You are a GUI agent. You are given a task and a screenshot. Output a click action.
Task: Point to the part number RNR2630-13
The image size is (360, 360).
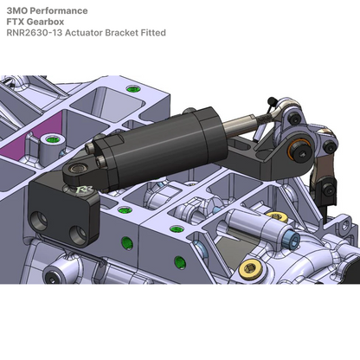click(33, 33)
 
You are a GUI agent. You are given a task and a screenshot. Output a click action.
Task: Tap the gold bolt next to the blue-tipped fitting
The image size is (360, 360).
click(277, 216)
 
